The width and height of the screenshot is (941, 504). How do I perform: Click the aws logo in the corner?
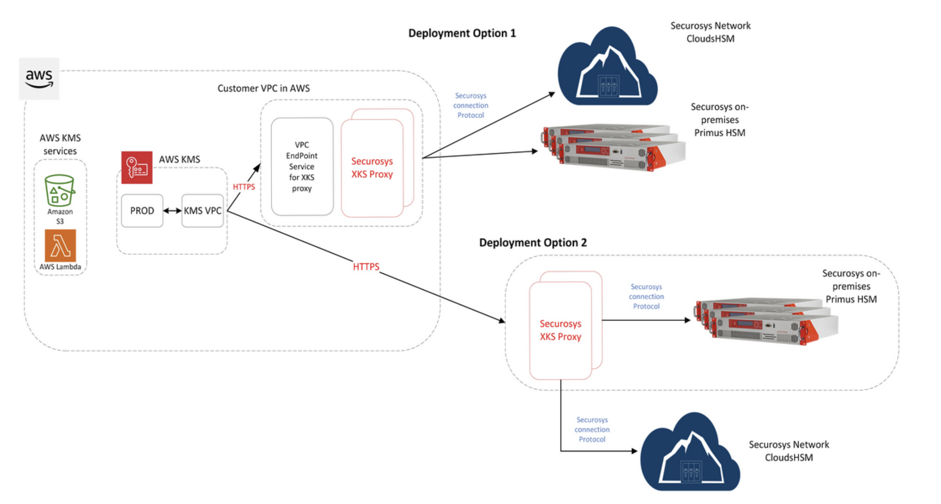[39, 78]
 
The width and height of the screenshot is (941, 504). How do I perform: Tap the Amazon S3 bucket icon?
[60, 191]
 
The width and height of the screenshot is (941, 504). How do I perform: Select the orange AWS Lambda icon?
[61, 245]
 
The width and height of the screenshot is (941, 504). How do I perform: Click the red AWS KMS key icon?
[137, 167]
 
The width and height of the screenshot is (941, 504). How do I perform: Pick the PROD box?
[142, 211]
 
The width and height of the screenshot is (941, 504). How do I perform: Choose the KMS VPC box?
[203, 211]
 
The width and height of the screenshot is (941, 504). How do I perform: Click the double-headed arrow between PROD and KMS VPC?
[172, 211]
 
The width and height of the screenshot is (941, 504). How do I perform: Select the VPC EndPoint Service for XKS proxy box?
[302, 166]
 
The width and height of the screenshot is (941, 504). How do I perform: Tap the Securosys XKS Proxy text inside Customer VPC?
[372, 168]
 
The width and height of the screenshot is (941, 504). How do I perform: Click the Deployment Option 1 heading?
[462, 33]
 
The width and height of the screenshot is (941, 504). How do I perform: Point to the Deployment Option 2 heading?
[533, 242]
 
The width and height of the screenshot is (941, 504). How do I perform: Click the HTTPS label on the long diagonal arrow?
[366, 267]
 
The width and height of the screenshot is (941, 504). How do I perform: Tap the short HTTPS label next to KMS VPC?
[244, 187]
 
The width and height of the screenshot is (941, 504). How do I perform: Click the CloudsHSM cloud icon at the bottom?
[690, 454]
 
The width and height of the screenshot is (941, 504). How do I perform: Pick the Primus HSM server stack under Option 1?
[614, 147]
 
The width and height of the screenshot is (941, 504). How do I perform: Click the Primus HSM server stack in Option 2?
[766, 321]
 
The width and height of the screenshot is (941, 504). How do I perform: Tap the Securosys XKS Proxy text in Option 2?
[560, 330]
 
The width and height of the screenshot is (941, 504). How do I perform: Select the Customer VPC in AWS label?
[263, 88]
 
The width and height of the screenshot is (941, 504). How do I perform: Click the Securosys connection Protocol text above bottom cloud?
[592, 429]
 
